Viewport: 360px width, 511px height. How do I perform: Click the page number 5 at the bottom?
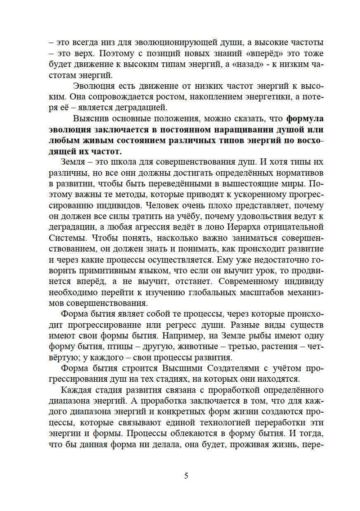pos(186,476)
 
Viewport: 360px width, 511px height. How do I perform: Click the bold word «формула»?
pos(305,118)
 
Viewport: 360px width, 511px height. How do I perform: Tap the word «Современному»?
pos(249,281)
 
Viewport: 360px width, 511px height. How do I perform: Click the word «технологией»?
pos(224,422)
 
